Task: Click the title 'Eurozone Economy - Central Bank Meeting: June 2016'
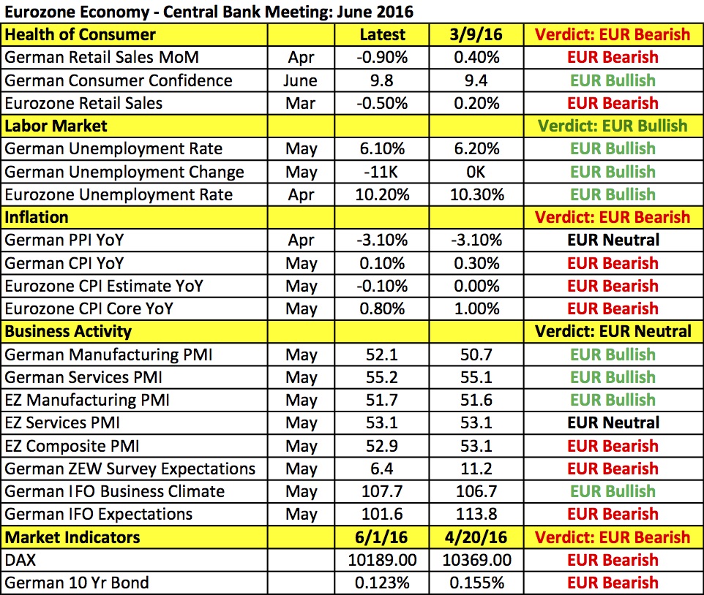209,12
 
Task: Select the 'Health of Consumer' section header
80,34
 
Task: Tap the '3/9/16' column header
476,34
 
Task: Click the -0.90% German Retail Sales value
382,57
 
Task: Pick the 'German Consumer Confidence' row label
119,80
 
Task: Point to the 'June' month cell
301,80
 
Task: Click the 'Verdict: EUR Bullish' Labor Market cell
613,126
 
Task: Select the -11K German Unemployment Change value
382,172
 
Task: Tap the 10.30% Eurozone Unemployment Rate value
476,194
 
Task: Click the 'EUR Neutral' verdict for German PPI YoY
613,240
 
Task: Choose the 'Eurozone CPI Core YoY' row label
89,308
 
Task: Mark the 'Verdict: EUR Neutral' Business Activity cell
613,331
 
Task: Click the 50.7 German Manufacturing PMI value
476,355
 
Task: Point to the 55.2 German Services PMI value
382,377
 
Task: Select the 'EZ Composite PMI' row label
72,446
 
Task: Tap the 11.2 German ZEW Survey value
476,469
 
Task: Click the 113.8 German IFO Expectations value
476,514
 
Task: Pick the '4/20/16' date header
476,537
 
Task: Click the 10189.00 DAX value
382,560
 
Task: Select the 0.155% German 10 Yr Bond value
476,583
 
